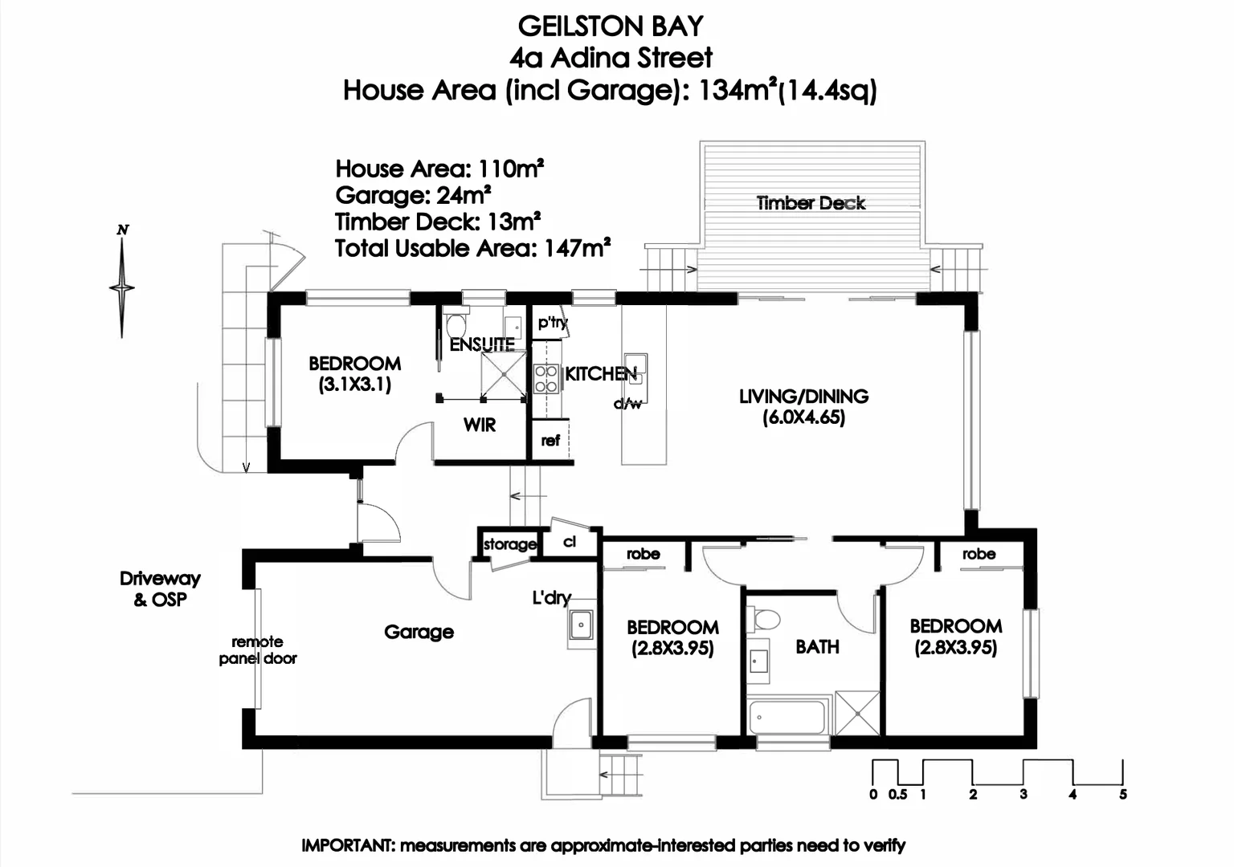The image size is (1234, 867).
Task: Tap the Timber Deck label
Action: pos(811,203)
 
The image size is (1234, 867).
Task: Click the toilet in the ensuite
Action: pos(456,324)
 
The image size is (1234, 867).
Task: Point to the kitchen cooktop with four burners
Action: pos(546,378)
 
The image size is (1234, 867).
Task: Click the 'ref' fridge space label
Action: pos(550,440)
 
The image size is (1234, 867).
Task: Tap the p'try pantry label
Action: pos(553,323)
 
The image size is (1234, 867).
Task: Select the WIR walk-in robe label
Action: pos(480,425)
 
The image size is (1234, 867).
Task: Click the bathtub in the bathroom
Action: pos(787,717)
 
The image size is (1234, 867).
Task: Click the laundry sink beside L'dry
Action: pos(580,624)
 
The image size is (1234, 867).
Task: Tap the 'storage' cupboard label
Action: pos(509,544)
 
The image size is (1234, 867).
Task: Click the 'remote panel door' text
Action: pos(258,649)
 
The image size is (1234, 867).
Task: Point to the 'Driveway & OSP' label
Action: pos(160,588)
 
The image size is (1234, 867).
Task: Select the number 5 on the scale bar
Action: pos(1122,794)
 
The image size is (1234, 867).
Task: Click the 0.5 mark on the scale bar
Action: pos(897,794)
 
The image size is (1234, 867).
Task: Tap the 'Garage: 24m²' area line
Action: pos(413,195)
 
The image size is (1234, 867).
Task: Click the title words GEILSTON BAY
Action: pos(611,26)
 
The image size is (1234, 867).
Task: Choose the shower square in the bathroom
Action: pos(857,712)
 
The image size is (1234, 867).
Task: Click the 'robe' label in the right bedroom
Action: pos(979,554)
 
